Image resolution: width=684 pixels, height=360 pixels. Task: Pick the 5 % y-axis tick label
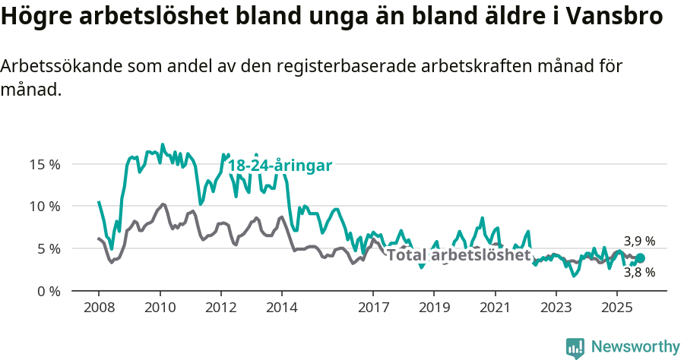coord(48,249)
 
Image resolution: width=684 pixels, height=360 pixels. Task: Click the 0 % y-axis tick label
coord(48,292)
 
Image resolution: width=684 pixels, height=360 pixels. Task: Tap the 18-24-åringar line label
coord(280,166)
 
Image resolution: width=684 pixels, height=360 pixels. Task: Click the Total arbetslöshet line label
coord(458,255)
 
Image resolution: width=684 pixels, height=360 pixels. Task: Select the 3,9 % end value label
coord(639,242)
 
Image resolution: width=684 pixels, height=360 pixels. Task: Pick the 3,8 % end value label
coord(639,273)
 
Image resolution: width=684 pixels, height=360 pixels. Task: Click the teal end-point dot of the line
coord(640,258)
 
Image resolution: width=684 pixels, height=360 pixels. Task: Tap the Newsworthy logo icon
coord(575,348)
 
